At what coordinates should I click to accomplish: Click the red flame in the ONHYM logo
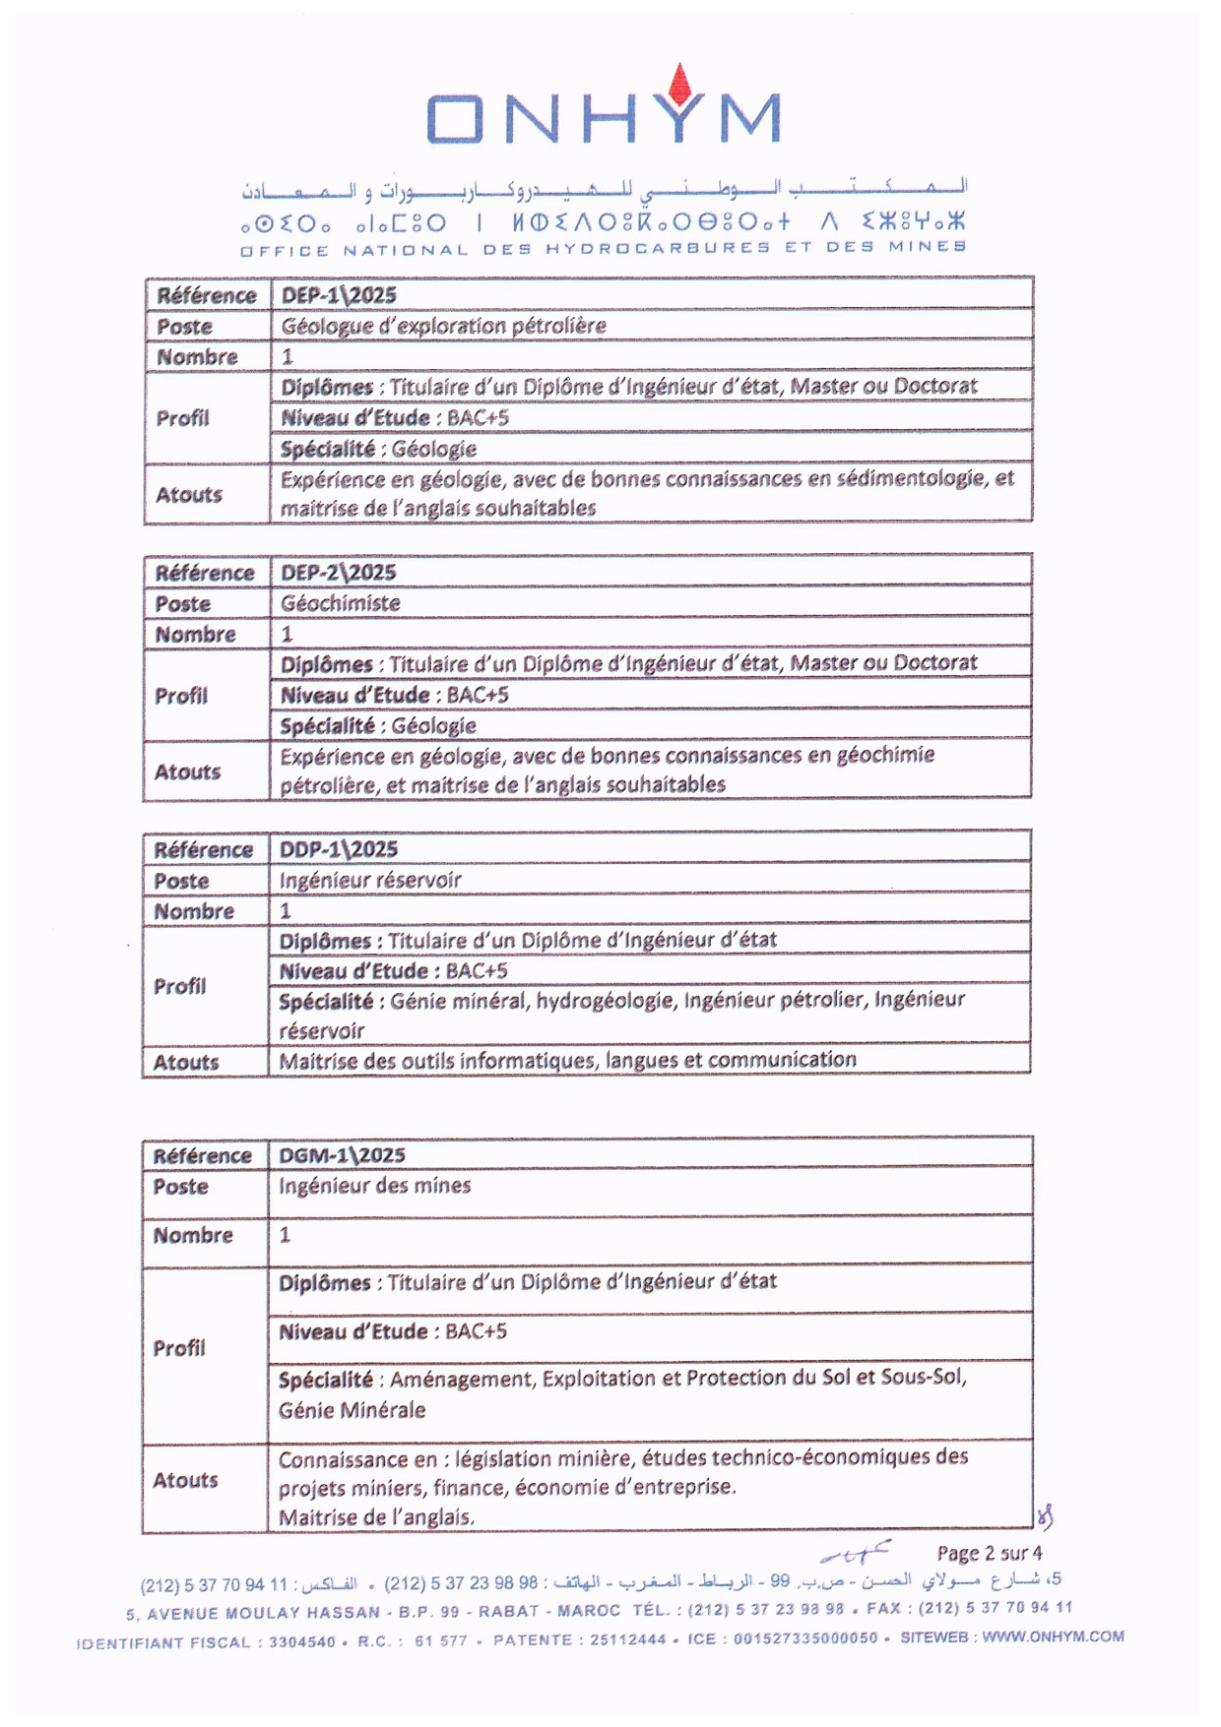678,83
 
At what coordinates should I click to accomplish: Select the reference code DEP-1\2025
339,295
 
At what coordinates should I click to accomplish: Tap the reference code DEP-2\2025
339,573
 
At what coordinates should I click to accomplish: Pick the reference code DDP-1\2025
339,849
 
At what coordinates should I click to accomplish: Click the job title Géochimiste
341,603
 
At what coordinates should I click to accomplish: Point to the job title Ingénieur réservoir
370,880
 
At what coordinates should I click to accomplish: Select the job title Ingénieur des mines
374,1186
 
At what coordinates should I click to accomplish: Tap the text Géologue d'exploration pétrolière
444,326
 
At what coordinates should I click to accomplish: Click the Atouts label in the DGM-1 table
185,1480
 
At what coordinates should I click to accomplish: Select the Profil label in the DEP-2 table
181,696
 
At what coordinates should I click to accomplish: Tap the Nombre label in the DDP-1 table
194,911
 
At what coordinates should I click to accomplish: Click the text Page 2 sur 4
989,1553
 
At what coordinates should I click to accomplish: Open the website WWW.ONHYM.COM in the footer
1053,1636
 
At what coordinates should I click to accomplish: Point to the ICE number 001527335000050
805,1639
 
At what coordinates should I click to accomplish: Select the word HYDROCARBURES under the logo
659,247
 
